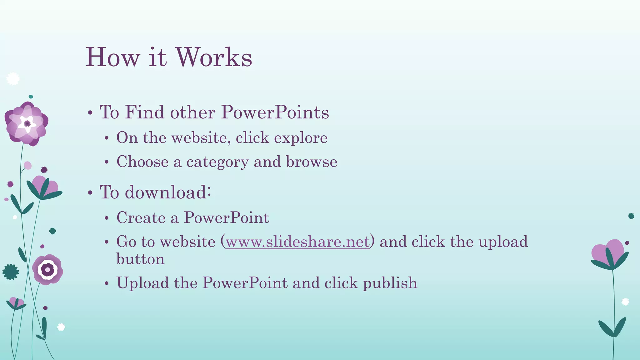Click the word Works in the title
[214, 57]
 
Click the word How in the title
[112, 57]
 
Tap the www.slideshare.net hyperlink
[297, 242]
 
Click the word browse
[312, 162]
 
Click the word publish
[390, 283]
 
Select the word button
[140, 259]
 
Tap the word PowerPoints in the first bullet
[275, 112]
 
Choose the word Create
[141, 217]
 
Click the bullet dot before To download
[90, 193]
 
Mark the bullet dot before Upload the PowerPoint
[107, 283]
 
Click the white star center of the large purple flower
[27, 123]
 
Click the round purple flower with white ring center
[47, 269]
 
